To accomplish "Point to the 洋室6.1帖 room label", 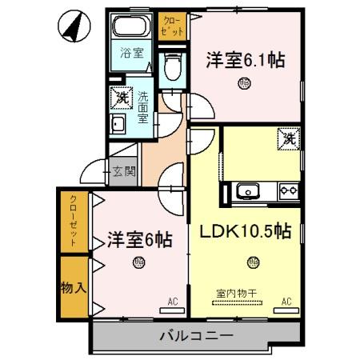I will point(245,60).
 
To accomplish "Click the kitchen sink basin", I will point(246,192).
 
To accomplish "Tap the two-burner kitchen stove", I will point(287,192).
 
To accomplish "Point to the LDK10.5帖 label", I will point(244,232).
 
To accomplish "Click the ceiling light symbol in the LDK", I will point(253,260).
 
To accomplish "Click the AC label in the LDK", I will point(286,302).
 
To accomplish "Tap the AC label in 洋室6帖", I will point(172,302).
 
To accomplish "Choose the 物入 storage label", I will point(72,286).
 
